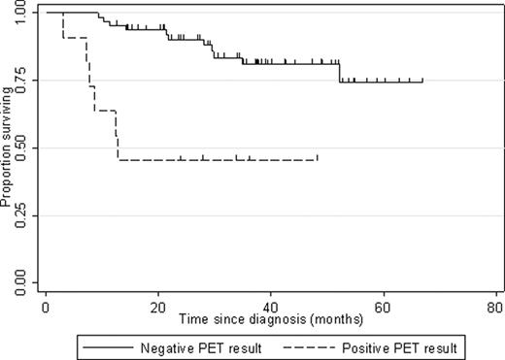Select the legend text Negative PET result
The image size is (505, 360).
[179, 344]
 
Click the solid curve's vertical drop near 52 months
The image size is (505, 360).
[339, 73]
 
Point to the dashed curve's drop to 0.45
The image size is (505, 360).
[118, 136]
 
